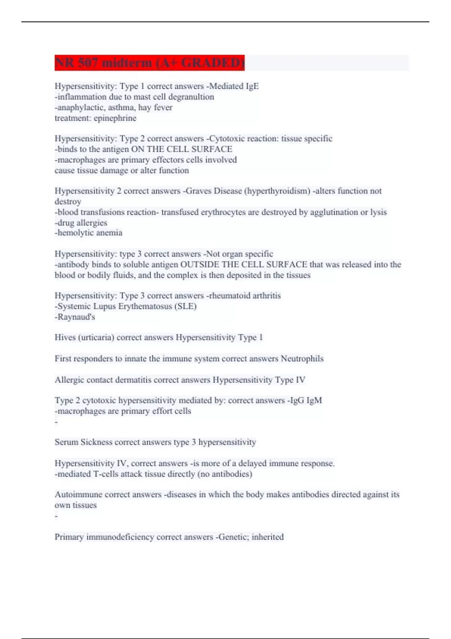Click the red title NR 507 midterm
(149, 62)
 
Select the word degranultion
(191, 97)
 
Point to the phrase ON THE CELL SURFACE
(182, 149)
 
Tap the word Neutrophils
(302, 359)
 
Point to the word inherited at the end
(268, 537)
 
